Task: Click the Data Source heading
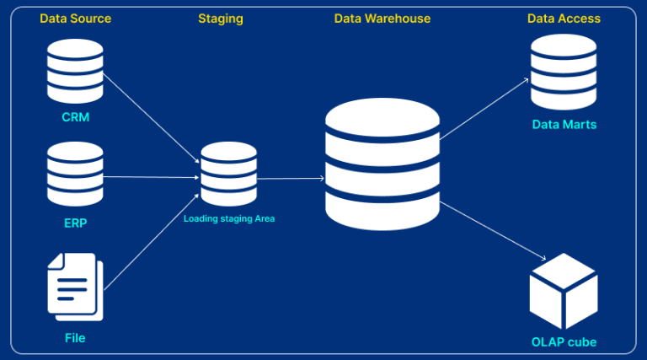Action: click(x=75, y=19)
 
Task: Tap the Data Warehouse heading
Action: click(x=382, y=19)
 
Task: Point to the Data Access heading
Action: click(x=564, y=19)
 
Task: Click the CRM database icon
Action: click(x=75, y=70)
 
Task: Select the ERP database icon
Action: click(x=75, y=176)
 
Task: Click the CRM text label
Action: click(x=75, y=117)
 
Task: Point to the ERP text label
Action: click(x=75, y=223)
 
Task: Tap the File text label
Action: click(x=75, y=338)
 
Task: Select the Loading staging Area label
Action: click(x=229, y=218)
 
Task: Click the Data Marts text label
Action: click(x=564, y=125)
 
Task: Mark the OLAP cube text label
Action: click(x=564, y=342)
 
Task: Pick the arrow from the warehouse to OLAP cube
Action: click(x=493, y=232)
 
